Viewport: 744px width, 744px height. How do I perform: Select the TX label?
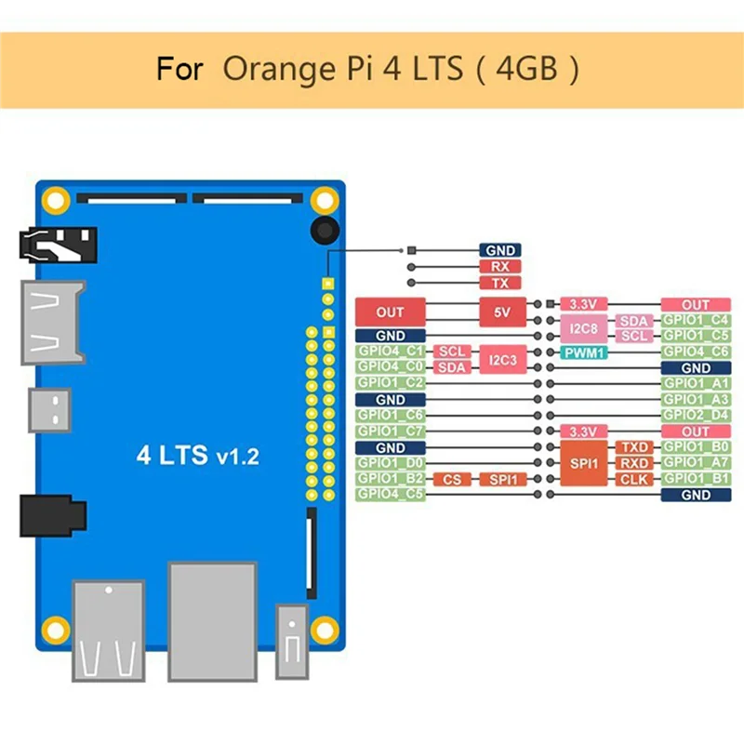[499, 283]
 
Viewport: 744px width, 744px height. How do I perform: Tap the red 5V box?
[503, 312]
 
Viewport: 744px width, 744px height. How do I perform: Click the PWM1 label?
[584, 352]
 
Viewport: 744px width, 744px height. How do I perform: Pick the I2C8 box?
[584, 328]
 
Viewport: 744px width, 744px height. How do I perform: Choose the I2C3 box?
[503, 360]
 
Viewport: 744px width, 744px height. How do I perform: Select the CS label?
[451, 480]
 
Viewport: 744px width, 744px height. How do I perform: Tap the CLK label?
[635, 480]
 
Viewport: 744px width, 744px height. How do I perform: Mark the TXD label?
[635, 448]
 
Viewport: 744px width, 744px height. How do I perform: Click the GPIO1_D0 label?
[391, 463]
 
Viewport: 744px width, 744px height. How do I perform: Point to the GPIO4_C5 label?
[391, 495]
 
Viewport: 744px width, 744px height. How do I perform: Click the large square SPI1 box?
[584, 463]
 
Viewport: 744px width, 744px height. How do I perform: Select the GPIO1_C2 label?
[391, 383]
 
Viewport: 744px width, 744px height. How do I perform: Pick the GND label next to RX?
[499, 250]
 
